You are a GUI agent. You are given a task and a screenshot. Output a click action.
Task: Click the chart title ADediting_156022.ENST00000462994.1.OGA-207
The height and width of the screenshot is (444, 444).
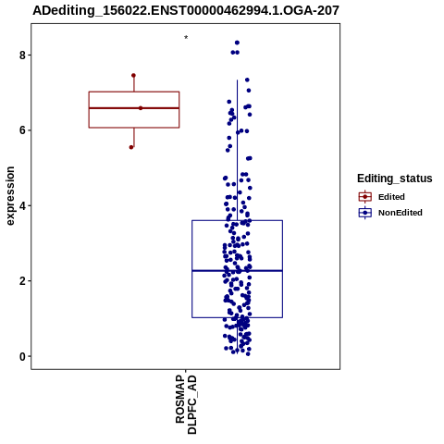186,10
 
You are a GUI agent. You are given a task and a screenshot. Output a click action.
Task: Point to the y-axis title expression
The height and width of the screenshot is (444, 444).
10,196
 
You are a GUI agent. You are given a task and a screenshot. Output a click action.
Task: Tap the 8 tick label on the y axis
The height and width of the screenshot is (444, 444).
22,55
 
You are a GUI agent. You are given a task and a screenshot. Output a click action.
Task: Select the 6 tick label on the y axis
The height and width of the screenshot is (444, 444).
22,130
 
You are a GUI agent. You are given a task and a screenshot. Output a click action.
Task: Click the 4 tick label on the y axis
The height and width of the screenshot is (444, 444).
22,205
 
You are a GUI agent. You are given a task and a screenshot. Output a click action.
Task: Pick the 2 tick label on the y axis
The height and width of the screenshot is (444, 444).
22,281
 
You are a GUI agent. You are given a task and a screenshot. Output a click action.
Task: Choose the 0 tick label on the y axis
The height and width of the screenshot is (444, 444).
22,356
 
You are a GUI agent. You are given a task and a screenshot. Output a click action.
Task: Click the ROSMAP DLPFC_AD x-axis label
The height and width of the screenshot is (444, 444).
186,404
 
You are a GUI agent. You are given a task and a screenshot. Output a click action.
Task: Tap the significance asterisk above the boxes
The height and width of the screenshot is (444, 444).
186,38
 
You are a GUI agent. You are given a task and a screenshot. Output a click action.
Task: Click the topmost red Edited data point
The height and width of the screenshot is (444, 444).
133,76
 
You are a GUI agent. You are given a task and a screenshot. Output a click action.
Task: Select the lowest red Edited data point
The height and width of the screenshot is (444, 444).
131,147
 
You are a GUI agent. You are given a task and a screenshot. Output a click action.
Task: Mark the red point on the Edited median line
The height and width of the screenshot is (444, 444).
141,108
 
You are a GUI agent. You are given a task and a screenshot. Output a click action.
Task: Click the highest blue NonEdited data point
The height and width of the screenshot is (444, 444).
237,43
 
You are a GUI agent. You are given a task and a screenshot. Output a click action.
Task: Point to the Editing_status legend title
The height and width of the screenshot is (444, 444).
395,179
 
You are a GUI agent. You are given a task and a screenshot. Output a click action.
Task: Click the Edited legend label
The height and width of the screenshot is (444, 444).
391,197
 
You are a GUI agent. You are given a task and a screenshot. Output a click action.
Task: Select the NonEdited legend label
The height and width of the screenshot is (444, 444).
401,213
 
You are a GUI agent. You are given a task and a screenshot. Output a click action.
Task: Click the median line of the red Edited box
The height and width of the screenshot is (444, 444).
134,108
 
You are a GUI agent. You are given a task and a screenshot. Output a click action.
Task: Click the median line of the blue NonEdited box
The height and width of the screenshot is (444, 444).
237,271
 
